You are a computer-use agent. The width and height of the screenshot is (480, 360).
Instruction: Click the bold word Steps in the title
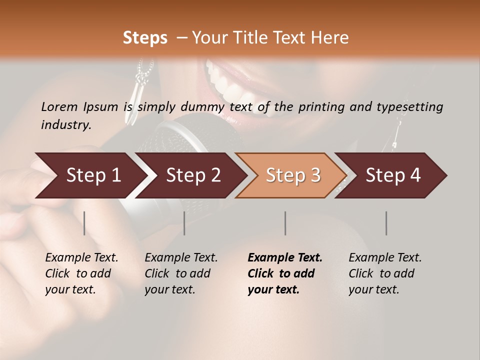click(145, 38)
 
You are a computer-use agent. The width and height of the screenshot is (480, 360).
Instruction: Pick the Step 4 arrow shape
click(391, 175)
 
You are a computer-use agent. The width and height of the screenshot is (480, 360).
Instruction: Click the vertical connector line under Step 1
click(84, 223)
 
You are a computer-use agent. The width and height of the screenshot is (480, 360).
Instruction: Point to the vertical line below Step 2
click(184, 223)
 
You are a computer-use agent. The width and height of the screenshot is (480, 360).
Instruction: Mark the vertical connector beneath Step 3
click(285, 223)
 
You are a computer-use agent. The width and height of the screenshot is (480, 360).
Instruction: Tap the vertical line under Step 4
click(386, 223)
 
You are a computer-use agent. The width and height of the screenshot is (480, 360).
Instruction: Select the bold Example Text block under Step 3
click(285, 273)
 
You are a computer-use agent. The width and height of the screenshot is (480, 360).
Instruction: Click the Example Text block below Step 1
click(81, 273)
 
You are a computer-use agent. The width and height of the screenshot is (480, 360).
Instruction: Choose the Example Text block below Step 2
click(181, 273)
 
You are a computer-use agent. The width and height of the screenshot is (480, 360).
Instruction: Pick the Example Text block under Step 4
click(385, 273)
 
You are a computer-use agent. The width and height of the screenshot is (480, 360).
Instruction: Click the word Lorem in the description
click(59, 106)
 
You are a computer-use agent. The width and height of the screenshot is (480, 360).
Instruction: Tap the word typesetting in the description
click(414, 107)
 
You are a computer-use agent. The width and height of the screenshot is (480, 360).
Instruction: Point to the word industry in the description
click(66, 125)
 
